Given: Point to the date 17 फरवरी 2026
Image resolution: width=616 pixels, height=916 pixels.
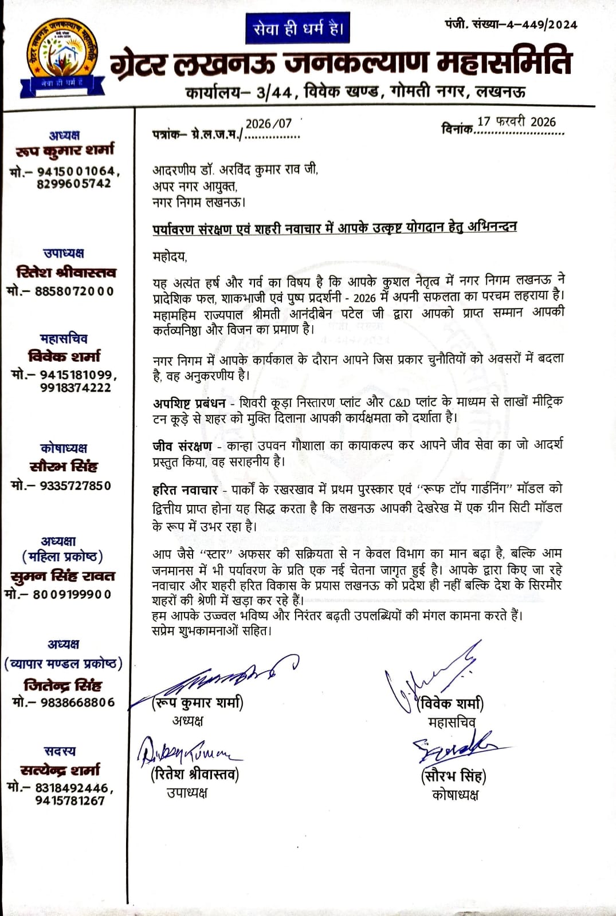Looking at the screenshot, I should pyautogui.click(x=516, y=122).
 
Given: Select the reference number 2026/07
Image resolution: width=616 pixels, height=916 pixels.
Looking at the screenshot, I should pyautogui.click(x=269, y=124).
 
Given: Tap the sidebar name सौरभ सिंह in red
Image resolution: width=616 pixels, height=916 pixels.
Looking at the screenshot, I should pyautogui.click(x=64, y=466).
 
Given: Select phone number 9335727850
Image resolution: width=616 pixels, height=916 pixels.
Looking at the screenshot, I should pyautogui.click(x=74, y=485).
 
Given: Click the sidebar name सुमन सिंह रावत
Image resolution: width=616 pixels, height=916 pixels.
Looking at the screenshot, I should pyautogui.click(x=63, y=575).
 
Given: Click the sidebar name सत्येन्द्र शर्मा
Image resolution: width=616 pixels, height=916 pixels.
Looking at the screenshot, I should pyautogui.click(x=60, y=769).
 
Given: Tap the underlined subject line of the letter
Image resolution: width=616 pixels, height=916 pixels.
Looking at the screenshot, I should pyautogui.click(x=335, y=228).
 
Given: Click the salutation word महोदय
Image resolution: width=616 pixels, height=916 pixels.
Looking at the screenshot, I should pyautogui.click(x=170, y=257).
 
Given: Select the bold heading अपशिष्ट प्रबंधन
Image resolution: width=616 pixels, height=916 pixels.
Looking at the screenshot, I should pyautogui.click(x=189, y=403).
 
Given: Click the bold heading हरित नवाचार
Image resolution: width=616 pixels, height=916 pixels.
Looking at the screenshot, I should pyautogui.click(x=185, y=489).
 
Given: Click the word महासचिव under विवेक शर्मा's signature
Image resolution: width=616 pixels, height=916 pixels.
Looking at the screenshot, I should pyautogui.click(x=452, y=722).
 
